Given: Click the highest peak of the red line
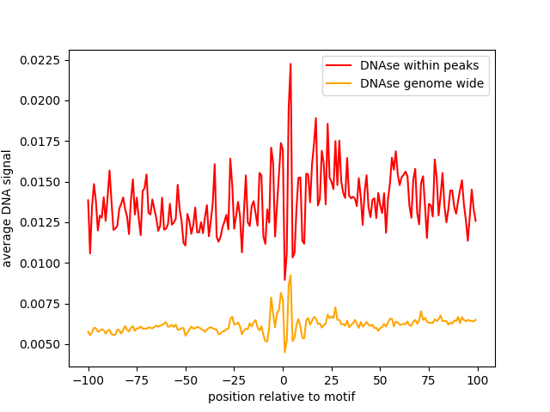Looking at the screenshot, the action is click(290, 64).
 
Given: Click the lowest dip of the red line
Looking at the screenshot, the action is click(284, 279).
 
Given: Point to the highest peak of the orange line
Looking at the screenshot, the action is click(290, 276).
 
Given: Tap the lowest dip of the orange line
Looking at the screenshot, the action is click(284, 352).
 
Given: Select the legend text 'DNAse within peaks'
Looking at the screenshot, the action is click(419, 65).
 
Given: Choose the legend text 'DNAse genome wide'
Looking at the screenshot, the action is click(422, 83).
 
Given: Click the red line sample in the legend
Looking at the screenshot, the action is click(339, 65).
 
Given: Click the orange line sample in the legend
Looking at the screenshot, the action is click(339, 83).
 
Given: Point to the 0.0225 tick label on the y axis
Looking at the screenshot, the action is click(40, 60).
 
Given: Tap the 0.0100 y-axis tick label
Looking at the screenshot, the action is click(40, 264).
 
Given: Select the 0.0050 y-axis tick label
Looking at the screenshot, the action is click(40, 345).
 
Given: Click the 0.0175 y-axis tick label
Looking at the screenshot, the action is click(40, 142).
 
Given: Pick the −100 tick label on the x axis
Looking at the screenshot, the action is click(89, 380).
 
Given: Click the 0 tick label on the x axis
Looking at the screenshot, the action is click(284, 380).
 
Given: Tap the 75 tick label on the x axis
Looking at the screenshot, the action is click(429, 380).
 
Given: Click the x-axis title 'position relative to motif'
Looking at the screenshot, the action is click(282, 397).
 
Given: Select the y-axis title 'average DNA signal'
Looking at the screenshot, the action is click(7, 209).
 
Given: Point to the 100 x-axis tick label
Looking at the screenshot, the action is click(478, 380).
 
